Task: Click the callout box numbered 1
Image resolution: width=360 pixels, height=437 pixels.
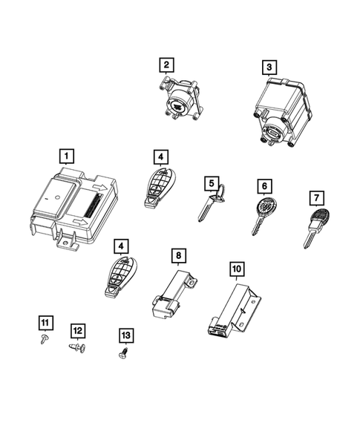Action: [67, 156]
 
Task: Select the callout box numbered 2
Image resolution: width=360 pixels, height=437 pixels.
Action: [167, 65]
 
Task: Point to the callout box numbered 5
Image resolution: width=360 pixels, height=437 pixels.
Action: [212, 183]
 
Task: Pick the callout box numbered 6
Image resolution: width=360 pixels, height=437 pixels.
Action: [262, 185]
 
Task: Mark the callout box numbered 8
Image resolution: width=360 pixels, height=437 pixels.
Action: [177, 256]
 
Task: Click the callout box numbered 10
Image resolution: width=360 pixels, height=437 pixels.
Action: [236, 267]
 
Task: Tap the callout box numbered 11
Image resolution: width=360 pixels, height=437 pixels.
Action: [45, 321]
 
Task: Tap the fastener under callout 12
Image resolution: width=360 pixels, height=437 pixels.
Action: [78, 346]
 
